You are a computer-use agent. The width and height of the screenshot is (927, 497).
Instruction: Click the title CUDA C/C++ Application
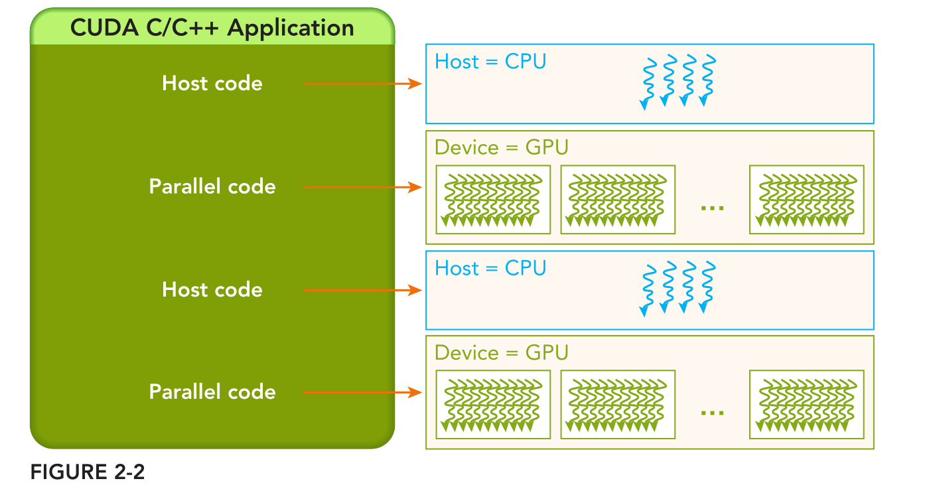click(212, 28)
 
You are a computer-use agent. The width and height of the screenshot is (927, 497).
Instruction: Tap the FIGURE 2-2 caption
click(87, 472)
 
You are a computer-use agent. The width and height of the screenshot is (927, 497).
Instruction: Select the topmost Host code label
click(212, 84)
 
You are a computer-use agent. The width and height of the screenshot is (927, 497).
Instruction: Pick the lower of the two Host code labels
click(212, 290)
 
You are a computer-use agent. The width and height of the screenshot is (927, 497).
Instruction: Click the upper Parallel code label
click(212, 186)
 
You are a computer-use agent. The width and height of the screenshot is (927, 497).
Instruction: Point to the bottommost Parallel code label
click(212, 392)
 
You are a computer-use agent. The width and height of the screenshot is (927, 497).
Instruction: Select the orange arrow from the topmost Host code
click(362, 84)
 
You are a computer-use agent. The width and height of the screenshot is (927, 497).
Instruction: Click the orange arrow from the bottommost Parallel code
click(362, 392)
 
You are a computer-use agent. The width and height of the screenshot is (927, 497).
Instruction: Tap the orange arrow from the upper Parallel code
click(362, 187)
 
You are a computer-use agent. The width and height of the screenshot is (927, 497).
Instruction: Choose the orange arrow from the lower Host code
click(362, 290)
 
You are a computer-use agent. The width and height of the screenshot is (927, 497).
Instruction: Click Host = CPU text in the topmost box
click(490, 62)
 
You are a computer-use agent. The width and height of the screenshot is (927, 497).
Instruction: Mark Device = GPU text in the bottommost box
click(502, 352)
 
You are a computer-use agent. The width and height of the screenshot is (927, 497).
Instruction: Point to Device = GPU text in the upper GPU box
click(502, 147)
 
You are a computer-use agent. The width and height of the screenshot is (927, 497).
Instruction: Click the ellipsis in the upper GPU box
click(712, 207)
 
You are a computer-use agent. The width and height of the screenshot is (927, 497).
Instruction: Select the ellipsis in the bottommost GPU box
click(712, 412)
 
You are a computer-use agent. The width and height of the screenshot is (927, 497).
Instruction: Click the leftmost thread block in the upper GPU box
click(493, 200)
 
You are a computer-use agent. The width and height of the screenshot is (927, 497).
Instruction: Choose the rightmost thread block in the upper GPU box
click(806, 200)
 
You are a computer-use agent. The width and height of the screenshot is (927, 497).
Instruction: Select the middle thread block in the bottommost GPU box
click(618, 405)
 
